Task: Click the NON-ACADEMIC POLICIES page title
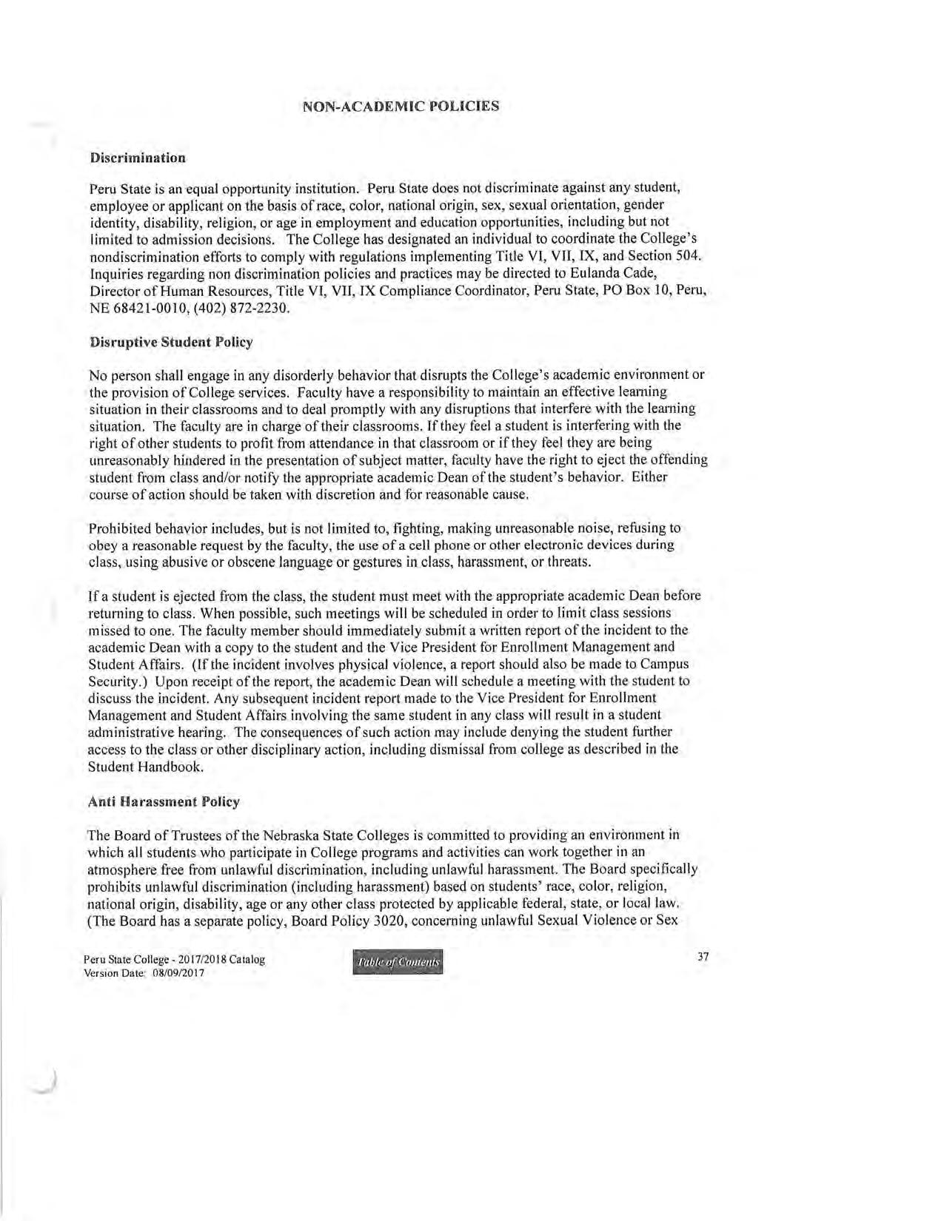(x=401, y=106)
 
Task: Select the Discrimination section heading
(x=137, y=158)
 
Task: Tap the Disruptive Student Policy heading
(x=170, y=342)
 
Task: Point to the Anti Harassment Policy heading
(x=164, y=801)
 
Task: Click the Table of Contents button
(x=399, y=962)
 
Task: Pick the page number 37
(x=703, y=957)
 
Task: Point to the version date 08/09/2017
(x=178, y=973)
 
